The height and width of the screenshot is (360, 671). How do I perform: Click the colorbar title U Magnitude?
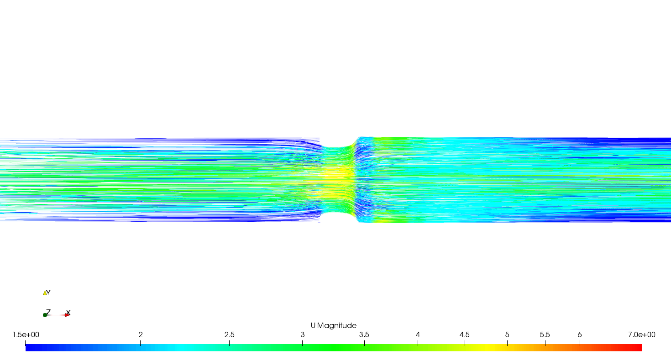333,326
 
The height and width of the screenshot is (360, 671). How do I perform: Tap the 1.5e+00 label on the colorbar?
26,335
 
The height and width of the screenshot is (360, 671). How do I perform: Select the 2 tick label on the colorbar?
141,335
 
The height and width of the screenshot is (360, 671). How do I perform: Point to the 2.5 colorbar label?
230,335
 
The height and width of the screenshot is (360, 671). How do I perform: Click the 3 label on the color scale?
303,335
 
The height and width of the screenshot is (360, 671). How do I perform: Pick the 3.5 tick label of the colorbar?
364,335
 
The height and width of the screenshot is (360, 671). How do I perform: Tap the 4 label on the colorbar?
418,335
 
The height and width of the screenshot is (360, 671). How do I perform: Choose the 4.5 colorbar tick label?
465,335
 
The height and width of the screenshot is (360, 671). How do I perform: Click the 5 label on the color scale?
507,335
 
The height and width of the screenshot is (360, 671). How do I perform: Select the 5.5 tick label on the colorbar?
545,335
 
